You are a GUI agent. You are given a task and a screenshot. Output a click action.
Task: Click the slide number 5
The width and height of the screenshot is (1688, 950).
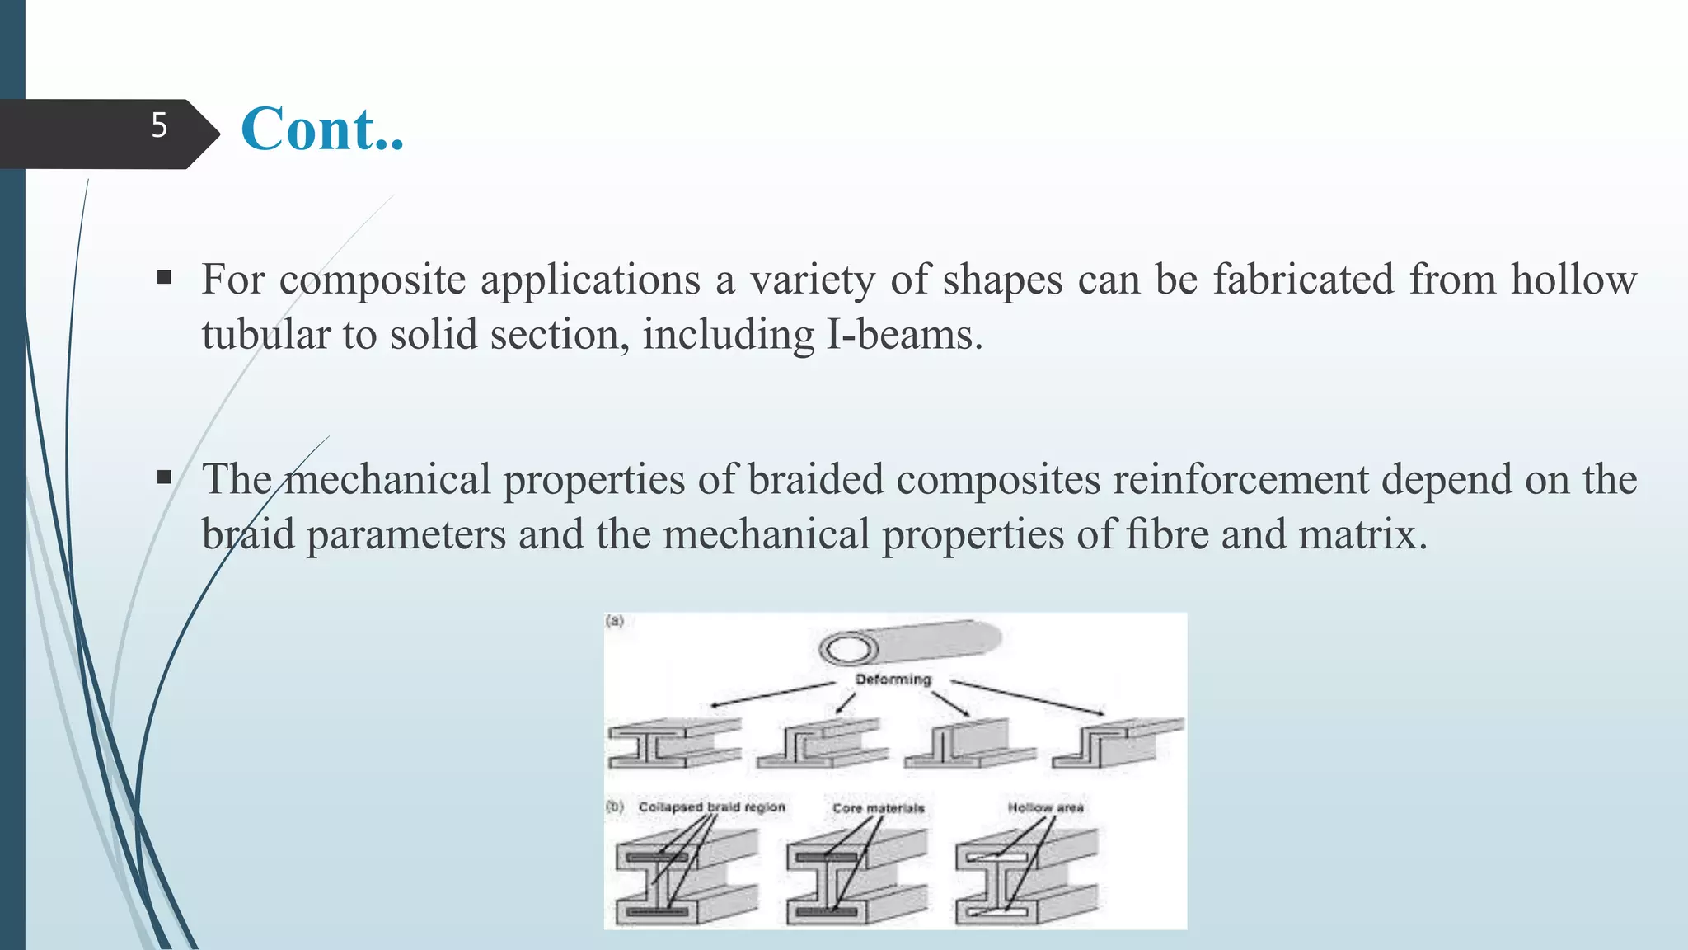point(159,125)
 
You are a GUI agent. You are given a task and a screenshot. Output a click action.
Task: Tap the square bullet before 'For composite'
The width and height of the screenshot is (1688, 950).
point(164,277)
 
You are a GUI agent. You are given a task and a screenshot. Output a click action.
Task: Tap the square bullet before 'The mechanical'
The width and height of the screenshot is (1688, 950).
point(164,477)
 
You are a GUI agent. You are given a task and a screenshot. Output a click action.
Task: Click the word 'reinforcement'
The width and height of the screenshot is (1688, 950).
point(1241,480)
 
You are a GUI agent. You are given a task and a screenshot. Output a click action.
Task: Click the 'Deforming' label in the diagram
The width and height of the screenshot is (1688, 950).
point(893,680)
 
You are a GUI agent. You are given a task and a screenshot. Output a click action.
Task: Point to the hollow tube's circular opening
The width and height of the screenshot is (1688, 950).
point(848,650)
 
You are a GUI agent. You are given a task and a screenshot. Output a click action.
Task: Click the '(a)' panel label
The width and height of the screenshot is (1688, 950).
point(615,621)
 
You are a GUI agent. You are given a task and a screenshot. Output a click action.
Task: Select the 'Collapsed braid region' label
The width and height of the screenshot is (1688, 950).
point(712,807)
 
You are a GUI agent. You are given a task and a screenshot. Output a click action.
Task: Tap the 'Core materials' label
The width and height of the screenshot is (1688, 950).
point(878,808)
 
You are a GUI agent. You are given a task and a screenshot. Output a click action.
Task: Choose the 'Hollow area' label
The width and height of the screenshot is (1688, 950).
point(1045,807)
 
